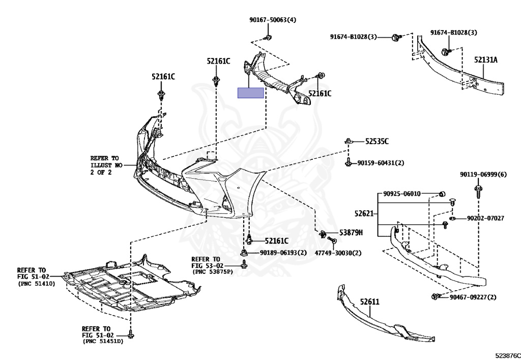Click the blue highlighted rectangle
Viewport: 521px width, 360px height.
tap(250, 93)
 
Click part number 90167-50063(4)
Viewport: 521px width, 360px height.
tap(272, 20)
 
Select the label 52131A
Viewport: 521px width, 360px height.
tap(485, 60)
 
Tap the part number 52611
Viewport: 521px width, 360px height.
tap(370, 301)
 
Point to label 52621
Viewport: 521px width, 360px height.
tap(364, 213)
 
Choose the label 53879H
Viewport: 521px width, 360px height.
tap(351, 233)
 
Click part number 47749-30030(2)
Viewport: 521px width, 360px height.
tap(337, 253)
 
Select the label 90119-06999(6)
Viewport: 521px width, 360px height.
tap(483, 174)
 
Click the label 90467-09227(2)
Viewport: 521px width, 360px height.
tap(473, 297)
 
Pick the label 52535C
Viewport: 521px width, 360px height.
tap(376, 141)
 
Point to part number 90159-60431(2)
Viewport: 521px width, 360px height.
tap(381, 163)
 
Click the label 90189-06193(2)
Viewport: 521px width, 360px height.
tap(283, 253)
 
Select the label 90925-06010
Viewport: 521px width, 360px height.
tap(402, 193)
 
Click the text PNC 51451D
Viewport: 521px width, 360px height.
tap(103, 341)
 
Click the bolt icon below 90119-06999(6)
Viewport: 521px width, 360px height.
tap(479, 191)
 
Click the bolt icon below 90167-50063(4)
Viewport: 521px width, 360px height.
tap(268, 37)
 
